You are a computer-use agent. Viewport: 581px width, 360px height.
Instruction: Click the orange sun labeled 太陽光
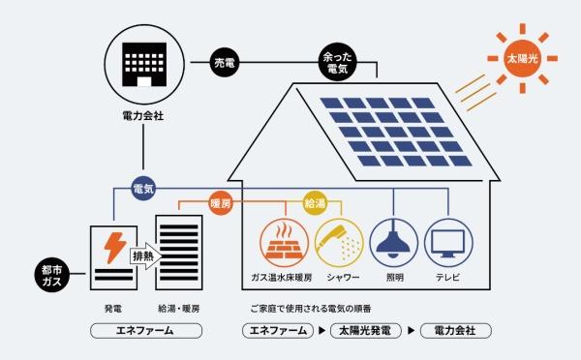(x=519, y=58)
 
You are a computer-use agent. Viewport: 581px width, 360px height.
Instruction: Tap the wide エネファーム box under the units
(x=145, y=330)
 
